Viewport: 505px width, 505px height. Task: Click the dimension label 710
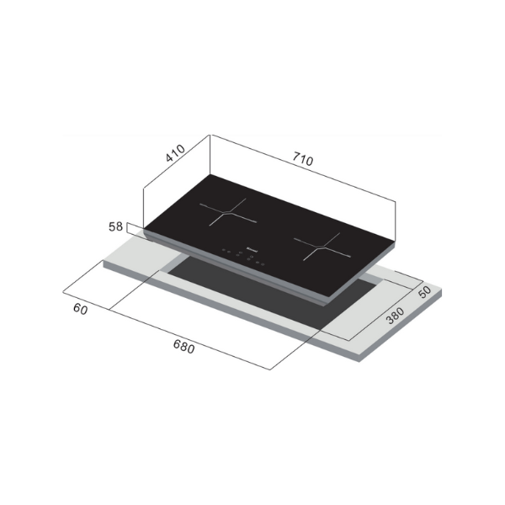(x=300, y=159)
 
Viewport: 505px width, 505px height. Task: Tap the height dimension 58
(x=117, y=227)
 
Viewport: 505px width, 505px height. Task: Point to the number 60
(x=81, y=310)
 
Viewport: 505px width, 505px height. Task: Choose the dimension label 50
(x=425, y=291)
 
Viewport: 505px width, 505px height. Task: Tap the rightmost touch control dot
(x=263, y=265)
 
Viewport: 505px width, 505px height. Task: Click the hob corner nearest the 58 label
(x=145, y=229)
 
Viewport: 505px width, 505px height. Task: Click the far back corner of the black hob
(x=210, y=175)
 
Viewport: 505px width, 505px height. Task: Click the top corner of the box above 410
(x=210, y=135)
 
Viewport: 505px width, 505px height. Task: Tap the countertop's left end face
(x=105, y=263)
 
